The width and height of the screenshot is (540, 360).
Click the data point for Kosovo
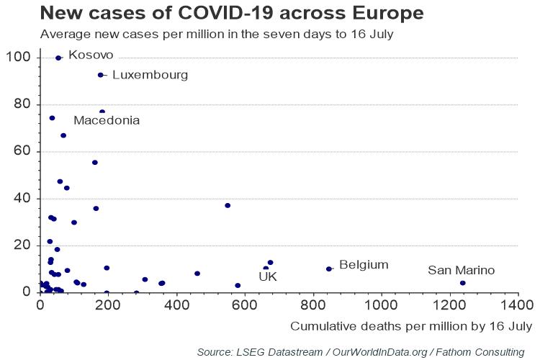pyautogui.click(x=58, y=58)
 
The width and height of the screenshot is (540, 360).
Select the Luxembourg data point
pyautogui.click(x=101, y=75)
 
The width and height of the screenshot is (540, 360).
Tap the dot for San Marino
pyautogui.click(x=463, y=283)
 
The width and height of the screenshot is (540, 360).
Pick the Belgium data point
pyautogui.click(x=329, y=269)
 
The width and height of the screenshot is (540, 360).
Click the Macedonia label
pyautogui.click(x=107, y=120)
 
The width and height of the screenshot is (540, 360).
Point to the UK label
pyautogui.click(x=268, y=276)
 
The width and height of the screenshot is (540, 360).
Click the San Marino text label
pyautogui.click(x=461, y=270)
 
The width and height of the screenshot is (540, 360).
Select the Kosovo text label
pyautogui.click(x=91, y=55)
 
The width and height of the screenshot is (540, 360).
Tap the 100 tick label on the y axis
pyautogui.click(x=18, y=57)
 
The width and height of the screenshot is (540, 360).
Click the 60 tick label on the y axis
pyautogui.click(x=22, y=151)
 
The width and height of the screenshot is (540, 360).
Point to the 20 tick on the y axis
pyautogui.click(x=22, y=245)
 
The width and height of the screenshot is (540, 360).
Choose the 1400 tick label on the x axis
pyautogui.click(x=518, y=305)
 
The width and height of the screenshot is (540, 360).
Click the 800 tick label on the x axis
pyautogui.click(x=313, y=305)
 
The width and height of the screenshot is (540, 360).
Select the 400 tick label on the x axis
pyautogui.click(x=176, y=305)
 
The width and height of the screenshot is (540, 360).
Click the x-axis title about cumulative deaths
pyautogui.click(x=411, y=326)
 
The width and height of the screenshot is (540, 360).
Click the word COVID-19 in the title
pyautogui.click(x=225, y=13)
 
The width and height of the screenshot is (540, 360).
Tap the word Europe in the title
pyautogui.click(x=388, y=14)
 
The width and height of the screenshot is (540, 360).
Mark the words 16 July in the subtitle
pyautogui.click(x=372, y=34)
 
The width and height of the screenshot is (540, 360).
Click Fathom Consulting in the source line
pyautogui.click(x=480, y=352)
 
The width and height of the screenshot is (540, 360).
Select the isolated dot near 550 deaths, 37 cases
pyautogui.click(x=228, y=206)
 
